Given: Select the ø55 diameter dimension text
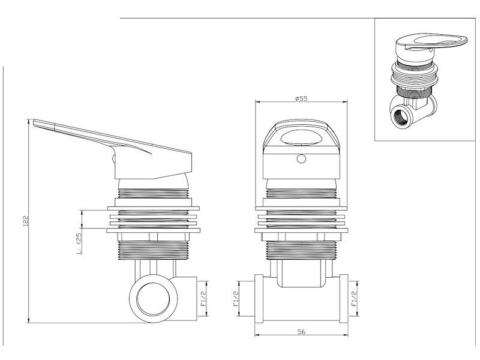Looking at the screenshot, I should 301,99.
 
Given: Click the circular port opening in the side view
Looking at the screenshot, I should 152,298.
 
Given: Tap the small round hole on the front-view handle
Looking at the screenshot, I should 302,160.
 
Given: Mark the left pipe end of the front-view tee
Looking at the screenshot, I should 259,298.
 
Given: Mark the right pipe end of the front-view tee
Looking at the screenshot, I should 344,298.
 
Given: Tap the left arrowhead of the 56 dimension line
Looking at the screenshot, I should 257,335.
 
